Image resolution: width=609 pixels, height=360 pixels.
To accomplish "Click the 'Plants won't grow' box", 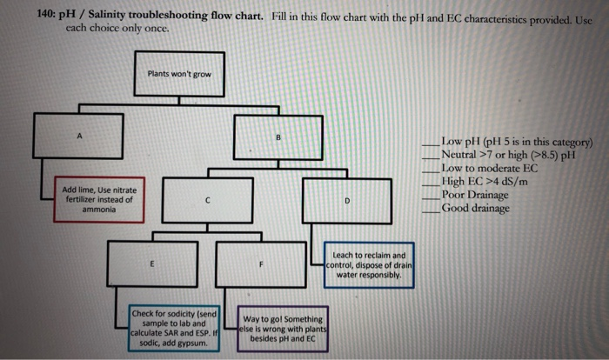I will point(178,74).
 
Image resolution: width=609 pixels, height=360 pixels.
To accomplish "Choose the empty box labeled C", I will point(207,201).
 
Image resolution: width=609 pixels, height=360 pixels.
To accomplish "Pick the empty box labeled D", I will point(346,201).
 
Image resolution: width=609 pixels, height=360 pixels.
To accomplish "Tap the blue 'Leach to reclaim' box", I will point(370,265).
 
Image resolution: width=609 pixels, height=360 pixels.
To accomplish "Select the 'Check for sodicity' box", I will point(173,327).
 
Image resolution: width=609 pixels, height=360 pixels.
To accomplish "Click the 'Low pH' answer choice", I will point(516,141).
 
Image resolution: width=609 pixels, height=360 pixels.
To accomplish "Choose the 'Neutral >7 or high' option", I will point(508,154).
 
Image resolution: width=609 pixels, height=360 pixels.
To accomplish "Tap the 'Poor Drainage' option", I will point(475,195).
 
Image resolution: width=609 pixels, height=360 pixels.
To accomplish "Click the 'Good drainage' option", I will point(475,208).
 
